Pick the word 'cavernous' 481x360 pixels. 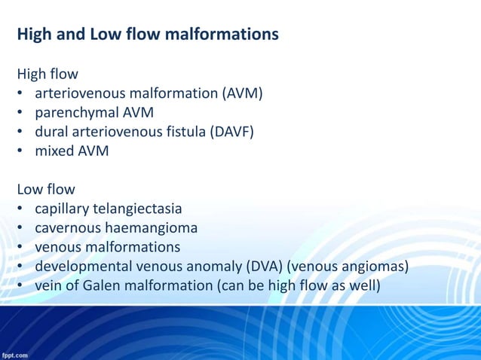point(66,227)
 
